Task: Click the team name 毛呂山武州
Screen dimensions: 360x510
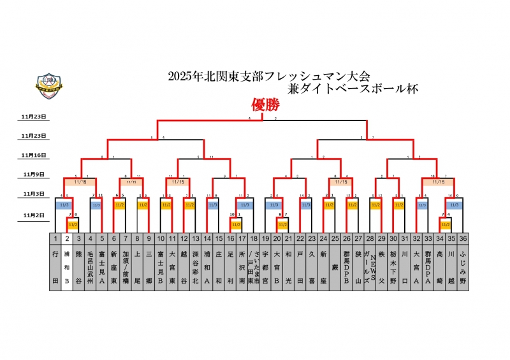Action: click(x=91, y=266)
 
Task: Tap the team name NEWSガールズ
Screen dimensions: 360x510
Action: click(x=369, y=266)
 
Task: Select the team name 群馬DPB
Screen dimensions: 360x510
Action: click(x=346, y=266)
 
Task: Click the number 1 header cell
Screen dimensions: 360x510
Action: click(x=55, y=238)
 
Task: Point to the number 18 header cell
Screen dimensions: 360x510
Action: click(x=253, y=238)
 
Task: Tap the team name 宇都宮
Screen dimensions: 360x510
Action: click(x=265, y=266)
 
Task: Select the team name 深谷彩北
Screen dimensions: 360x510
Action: click(x=195, y=266)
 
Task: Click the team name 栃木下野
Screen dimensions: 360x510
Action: click(x=393, y=266)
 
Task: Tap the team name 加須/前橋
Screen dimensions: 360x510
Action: click(x=125, y=266)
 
